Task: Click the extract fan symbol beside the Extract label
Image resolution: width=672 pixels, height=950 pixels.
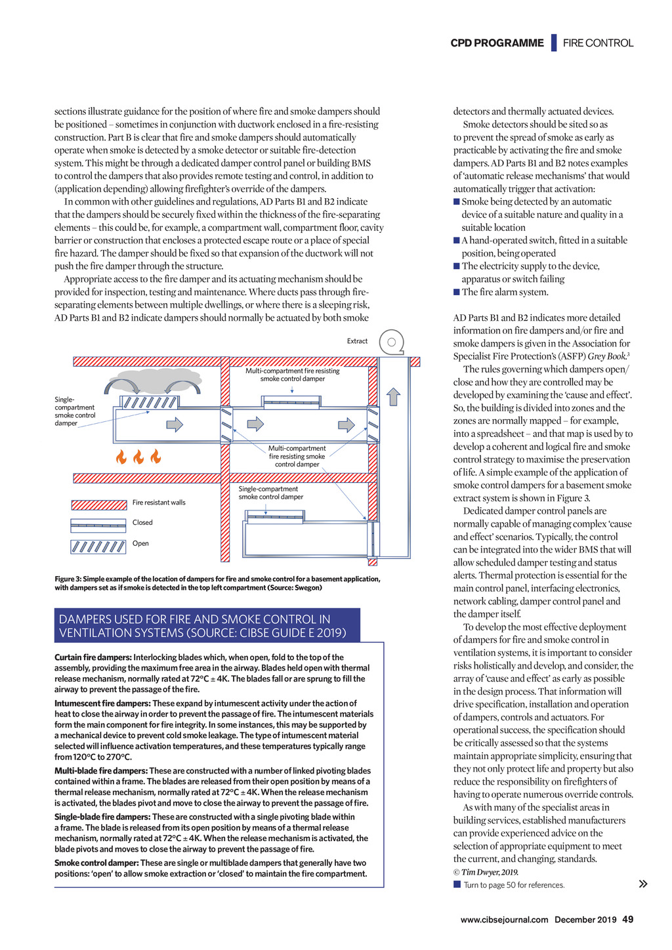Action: click(x=391, y=342)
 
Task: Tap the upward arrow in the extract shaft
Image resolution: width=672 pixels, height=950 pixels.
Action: click(x=393, y=396)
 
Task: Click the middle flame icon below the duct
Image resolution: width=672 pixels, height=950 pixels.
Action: click(x=138, y=457)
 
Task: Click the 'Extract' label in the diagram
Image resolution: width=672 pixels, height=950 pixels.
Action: click(x=357, y=341)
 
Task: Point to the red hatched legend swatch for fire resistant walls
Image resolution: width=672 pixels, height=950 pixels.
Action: click(x=99, y=505)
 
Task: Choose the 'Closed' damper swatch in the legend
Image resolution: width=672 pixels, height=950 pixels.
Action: click(x=98, y=525)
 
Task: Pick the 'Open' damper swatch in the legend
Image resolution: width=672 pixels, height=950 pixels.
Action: click(x=98, y=546)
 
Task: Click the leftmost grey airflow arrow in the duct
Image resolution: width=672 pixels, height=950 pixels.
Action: click(x=175, y=424)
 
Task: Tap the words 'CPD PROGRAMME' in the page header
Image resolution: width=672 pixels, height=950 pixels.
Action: click(x=497, y=43)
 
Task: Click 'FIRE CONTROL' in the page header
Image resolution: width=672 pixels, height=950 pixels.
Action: click(x=598, y=43)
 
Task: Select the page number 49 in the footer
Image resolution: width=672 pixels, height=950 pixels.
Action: click(x=627, y=919)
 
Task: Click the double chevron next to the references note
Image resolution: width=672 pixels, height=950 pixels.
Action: click(x=643, y=884)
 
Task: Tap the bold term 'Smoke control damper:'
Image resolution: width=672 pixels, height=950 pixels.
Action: click(x=96, y=863)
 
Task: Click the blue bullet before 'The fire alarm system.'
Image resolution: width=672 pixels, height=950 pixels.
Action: click(x=457, y=292)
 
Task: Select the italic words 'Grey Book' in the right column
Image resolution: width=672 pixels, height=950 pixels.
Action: click(x=606, y=356)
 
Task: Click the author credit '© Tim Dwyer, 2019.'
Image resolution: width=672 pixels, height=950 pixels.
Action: click(x=486, y=872)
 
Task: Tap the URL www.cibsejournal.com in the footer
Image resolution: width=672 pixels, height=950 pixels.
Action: click(x=504, y=920)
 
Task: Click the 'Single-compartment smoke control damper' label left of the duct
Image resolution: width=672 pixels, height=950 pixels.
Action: click(x=75, y=411)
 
